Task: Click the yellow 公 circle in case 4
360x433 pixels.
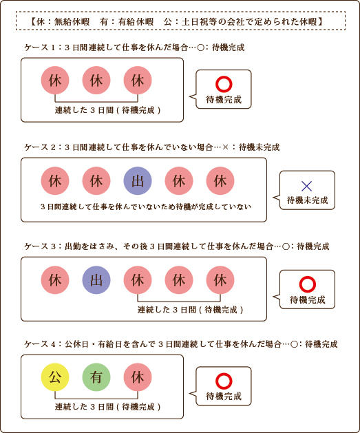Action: point(55,377)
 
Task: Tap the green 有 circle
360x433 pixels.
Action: point(96,377)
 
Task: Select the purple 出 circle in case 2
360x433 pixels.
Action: point(138,181)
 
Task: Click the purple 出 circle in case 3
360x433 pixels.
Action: point(96,280)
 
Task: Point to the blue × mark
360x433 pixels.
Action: point(307,186)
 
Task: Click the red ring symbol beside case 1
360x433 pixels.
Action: point(224,84)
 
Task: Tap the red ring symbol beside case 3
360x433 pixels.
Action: point(307,284)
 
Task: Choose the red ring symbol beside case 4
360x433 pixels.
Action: point(224,381)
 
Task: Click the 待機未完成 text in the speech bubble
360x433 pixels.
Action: point(307,200)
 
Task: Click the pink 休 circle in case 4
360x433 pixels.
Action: point(138,377)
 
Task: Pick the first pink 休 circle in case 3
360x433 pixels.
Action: point(55,280)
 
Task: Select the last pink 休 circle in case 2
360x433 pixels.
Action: point(220,181)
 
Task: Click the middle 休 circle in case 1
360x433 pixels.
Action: point(96,80)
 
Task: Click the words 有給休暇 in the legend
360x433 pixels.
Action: point(136,21)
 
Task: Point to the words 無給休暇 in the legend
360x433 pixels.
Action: point(72,21)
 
